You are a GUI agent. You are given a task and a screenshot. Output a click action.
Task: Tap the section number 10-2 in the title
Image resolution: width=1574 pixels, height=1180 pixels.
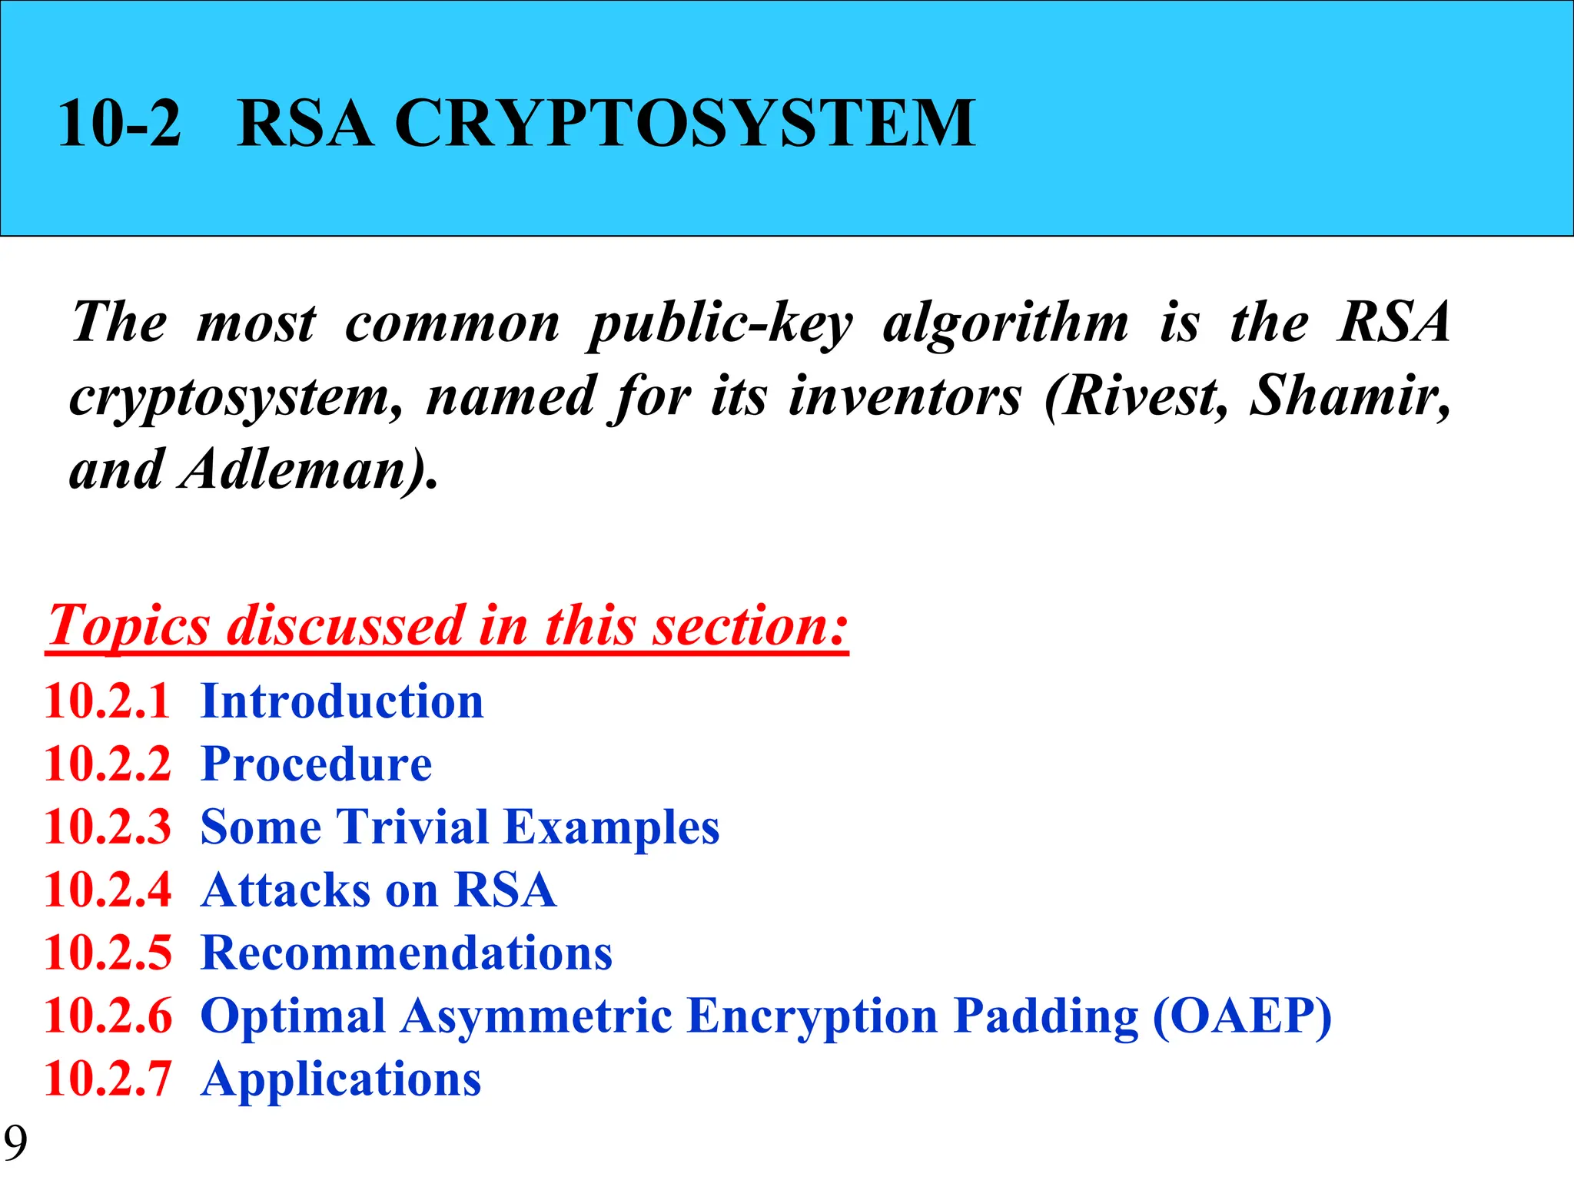[119, 123]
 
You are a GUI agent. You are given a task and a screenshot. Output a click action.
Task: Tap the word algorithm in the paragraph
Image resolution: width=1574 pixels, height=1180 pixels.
[1006, 323]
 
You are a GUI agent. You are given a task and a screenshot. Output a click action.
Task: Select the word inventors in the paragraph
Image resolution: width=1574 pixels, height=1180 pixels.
[905, 396]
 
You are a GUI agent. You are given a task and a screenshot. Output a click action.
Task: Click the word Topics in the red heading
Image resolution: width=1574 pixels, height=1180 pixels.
[128, 626]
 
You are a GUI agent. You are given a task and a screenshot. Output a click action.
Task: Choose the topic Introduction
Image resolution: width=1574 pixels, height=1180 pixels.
[342, 701]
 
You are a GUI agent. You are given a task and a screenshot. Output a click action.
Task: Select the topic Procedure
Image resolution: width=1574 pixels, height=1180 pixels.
[316, 764]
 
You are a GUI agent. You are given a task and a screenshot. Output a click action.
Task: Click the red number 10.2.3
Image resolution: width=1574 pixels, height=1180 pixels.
[108, 827]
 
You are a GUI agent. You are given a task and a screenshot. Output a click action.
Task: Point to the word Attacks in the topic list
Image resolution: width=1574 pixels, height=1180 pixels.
[287, 890]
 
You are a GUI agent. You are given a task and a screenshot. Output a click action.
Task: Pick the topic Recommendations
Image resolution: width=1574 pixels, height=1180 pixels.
[406, 953]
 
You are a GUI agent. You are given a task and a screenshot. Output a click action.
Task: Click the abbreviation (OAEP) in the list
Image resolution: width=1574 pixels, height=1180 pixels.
[1242, 1016]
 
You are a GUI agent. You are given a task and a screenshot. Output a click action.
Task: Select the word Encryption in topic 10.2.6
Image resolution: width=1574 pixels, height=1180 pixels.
[812, 1016]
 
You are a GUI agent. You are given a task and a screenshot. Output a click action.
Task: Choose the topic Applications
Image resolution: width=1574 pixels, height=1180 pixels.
[340, 1079]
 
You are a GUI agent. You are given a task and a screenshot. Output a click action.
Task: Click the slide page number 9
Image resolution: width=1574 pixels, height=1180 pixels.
[15, 1142]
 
